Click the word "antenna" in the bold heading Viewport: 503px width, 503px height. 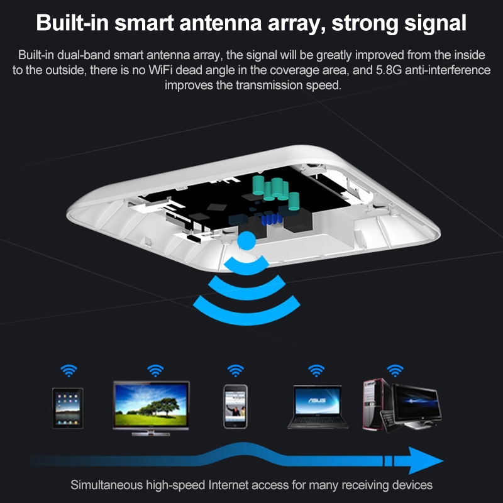[x=221, y=23]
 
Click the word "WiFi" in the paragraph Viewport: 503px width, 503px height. [x=161, y=70]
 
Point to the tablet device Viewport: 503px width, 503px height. [x=68, y=408]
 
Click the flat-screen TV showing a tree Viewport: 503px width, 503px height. [x=151, y=408]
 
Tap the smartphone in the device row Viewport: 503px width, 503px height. [x=235, y=406]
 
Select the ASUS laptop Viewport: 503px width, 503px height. [x=318, y=407]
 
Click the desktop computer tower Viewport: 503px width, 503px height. [x=375, y=404]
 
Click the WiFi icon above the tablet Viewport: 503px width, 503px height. [x=69, y=370]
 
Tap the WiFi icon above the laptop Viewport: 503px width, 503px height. [x=316, y=370]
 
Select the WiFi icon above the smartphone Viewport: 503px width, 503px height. [x=235, y=370]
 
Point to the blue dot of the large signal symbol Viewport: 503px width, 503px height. [x=246, y=241]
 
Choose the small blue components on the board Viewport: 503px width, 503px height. [x=272, y=219]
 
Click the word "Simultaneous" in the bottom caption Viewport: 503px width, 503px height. [x=106, y=485]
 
